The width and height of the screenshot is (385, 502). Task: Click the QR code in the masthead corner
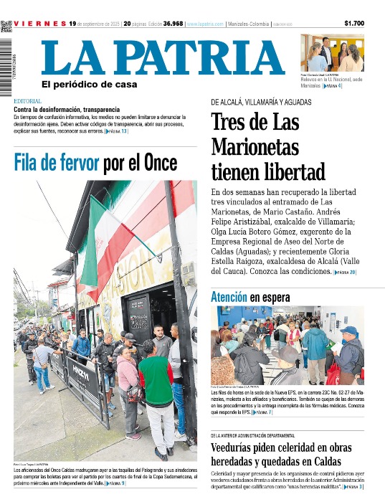tap(6, 27)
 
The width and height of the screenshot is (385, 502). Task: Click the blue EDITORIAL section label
tap(27, 101)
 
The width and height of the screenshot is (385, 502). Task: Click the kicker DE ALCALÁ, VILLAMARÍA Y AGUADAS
tap(260, 103)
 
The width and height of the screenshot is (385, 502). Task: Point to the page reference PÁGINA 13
tap(116, 132)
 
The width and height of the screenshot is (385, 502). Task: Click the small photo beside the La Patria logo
tap(331, 52)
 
